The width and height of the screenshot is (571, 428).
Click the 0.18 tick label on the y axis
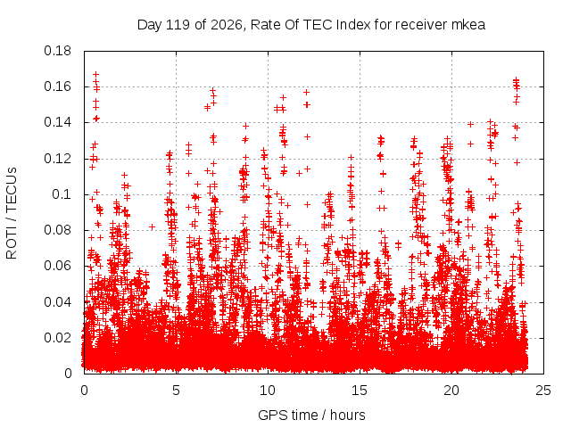(x=57, y=52)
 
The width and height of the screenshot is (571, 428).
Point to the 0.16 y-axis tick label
(x=57, y=87)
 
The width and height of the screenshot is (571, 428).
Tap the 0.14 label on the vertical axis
(x=57, y=123)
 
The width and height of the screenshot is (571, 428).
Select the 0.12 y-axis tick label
(x=57, y=159)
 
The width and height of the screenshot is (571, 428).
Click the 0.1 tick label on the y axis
(x=62, y=194)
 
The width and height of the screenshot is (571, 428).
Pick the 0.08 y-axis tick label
(x=57, y=230)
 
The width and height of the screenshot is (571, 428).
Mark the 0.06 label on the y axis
(x=57, y=266)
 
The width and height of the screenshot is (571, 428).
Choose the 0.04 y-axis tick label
(x=57, y=302)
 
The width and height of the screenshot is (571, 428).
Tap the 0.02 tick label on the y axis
(x=57, y=338)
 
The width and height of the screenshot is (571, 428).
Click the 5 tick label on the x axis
(x=177, y=391)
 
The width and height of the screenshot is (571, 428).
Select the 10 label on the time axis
(x=268, y=391)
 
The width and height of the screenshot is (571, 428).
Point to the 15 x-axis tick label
(x=360, y=391)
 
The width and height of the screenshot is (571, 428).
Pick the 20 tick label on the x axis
(x=451, y=391)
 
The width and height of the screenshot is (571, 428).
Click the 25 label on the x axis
(x=543, y=391)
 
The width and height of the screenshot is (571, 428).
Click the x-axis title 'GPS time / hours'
(x=311, y=416)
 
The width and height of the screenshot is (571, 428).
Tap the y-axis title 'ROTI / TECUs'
(x=12, y=213)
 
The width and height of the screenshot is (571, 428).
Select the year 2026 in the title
(x=227, y=25)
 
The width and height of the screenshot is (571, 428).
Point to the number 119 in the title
(x=178, y=25)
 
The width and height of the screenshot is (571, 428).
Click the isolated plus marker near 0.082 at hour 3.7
(x=153, y=227)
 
